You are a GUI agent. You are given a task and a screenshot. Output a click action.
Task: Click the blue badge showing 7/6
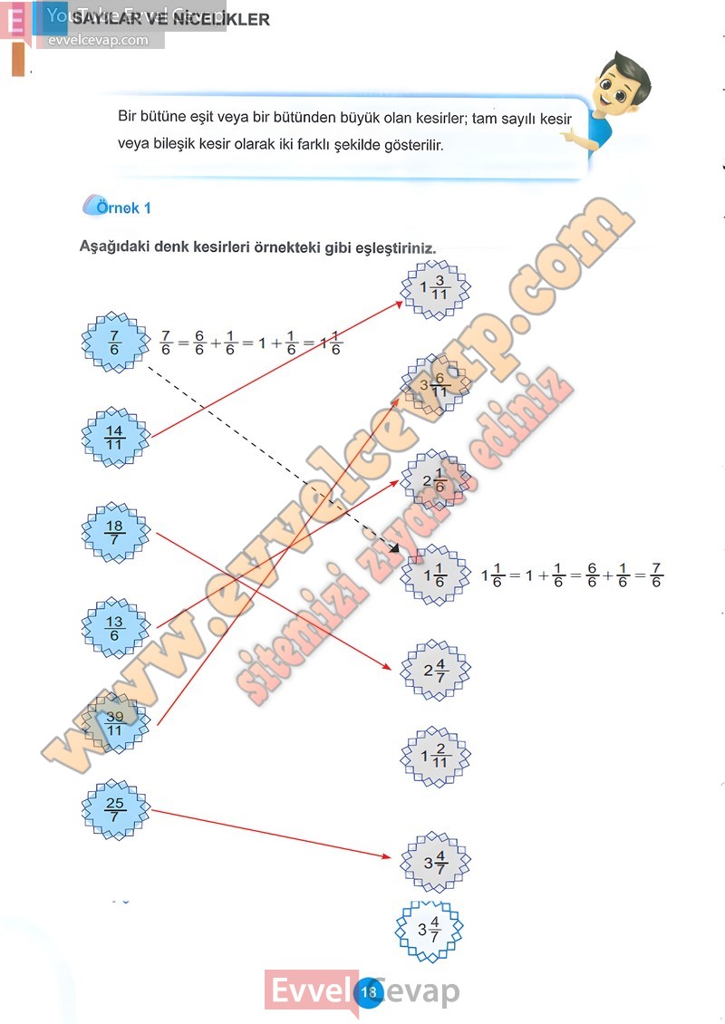[115, 343]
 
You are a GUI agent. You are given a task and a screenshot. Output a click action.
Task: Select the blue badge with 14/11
[115, 437]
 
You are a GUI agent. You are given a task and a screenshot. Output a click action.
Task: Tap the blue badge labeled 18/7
[115, 532]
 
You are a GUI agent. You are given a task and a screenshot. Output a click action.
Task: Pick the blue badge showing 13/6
[115, 627]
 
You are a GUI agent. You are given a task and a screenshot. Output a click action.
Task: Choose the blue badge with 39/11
[115, 723]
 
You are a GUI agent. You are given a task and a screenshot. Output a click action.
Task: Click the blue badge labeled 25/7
[115, 810]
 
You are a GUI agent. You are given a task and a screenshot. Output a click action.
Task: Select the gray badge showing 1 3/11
[436, 289]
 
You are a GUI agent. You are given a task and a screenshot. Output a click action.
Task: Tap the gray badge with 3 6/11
[436, 384]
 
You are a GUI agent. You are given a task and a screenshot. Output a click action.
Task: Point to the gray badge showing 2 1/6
[436, 480]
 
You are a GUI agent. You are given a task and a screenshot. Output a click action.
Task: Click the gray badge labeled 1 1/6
[436, 575]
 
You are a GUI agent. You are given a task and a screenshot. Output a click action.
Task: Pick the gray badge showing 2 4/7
[436, 671]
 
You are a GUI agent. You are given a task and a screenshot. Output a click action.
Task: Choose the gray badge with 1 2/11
[436, 756]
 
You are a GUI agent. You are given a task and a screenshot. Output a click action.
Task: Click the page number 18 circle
[368, 992]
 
